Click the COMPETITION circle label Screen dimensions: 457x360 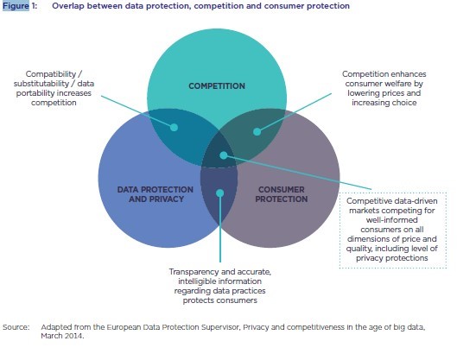point(217,86)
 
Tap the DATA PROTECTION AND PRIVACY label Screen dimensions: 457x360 point(155,194)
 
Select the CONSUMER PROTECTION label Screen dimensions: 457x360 point(282,194)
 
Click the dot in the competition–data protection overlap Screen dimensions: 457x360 point(174,127)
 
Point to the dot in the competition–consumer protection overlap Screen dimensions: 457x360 point(257,131)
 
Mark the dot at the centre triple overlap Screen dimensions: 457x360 point(223,155)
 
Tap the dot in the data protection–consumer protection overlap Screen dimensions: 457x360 point(220,193)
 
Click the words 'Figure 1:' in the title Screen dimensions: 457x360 point(20,6)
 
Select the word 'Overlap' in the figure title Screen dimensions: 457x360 point(67,6)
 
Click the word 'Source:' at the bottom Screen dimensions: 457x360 point(16,327)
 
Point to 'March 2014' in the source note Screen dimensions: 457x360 point(61,336)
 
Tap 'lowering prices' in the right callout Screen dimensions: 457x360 point(370,93)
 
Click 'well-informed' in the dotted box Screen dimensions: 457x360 point(392,220)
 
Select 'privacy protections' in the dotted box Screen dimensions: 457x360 point(392,258)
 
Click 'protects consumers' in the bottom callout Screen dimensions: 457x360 point(220,300)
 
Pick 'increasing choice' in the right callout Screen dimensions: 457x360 point(384,103)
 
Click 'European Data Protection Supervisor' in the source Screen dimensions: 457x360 point(172,327)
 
